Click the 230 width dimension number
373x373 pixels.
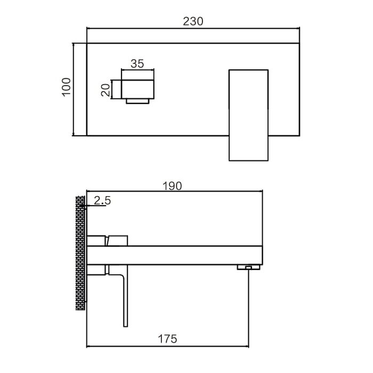pyautogui.click(x=193, y=21)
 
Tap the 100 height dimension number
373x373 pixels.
pyautogui.click(x=67, y=87)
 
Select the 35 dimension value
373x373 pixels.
pyautogui.click(x=137, y=64)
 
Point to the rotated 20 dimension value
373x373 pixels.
pyautogui.click(x=106, y=90)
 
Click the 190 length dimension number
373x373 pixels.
pyautogui.click(x=172, y=186)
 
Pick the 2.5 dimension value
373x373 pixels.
pyautogui.click(x=102, y=200)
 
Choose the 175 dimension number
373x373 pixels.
pyautogui.click(x=167, y=339)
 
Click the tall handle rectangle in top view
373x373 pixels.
pyautogui.click(x=248, y=115)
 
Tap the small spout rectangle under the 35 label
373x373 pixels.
pyautogui.click(x=137, y=89)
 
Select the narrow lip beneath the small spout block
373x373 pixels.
pyautogui.click(x=137, y=101)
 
